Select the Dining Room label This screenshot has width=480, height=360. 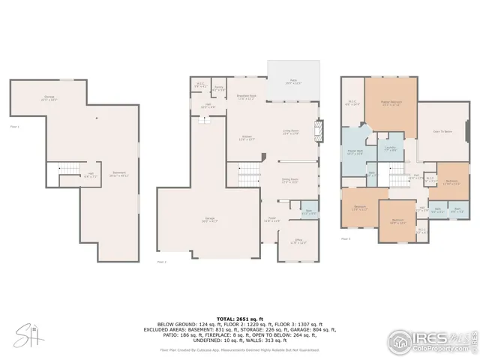click(289, 181)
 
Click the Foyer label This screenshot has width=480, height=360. click(271, 220)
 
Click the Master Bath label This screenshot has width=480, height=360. click(355, 152)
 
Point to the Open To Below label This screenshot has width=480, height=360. click(442, 131)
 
